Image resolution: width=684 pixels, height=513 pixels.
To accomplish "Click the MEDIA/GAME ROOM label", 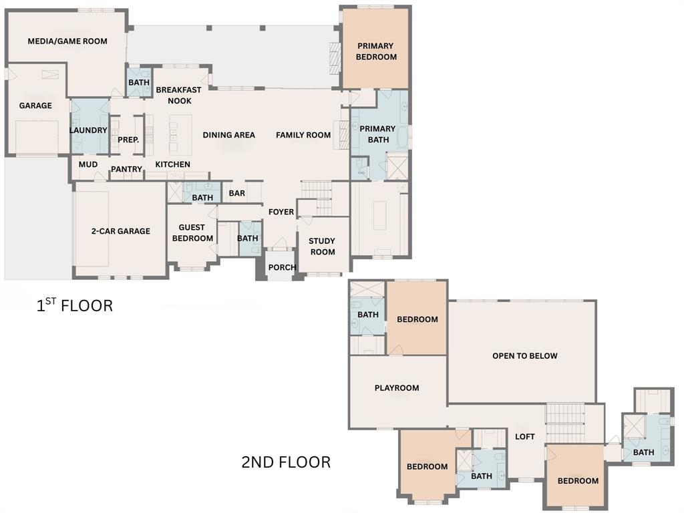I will coord(67,41).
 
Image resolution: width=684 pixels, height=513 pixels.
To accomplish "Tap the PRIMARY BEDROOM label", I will coord(376,51).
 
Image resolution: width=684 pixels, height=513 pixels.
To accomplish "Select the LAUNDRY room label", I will coord(88,130).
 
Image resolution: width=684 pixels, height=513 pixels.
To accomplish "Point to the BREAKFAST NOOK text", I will coord(178,95).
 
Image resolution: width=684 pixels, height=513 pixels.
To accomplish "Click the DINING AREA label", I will coord(229,135).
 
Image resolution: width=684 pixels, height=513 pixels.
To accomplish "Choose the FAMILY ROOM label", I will coord(303,135).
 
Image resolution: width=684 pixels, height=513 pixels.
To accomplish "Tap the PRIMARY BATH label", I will coord(377,134).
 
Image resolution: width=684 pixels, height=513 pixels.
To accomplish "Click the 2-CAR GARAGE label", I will coord(121,231).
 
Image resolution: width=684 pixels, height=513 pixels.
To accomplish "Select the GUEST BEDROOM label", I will coord(192,233).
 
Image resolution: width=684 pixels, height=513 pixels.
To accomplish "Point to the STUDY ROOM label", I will coord(322,246).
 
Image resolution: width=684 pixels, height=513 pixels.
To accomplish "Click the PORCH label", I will coord(282,268).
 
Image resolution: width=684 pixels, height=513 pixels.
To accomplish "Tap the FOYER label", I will coord(281,212).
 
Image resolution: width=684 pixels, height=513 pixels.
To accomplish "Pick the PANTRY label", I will coord(126,170).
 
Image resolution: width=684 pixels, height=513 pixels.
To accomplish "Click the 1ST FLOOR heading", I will coord(74,306).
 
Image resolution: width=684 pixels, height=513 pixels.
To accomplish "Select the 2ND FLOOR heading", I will coord(286,462).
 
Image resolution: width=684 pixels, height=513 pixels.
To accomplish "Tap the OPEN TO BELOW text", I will coord(524,356).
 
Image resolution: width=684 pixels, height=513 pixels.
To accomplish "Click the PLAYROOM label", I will coord(397,388).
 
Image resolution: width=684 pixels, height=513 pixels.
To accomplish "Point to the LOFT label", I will coord(525,437).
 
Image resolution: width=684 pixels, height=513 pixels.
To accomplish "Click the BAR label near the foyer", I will coord(237,194).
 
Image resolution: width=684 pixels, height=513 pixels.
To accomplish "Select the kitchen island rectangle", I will coord(180,135).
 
